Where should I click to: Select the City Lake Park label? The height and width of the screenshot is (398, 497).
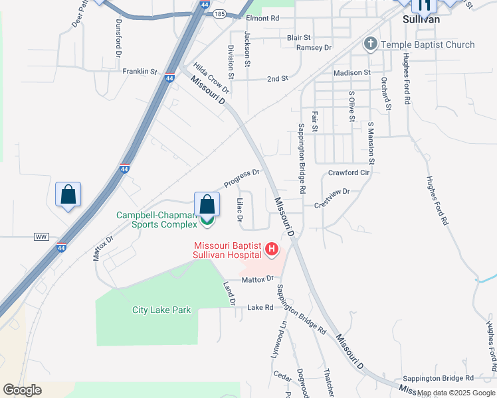pyautogui.click(x=161, y=310)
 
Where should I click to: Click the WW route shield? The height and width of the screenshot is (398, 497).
pyautogui.click(x=41, y=236)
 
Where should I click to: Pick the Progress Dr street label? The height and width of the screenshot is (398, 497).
pyautogui.click(x=241, y=178)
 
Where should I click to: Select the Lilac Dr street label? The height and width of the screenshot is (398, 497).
pyautogui.click(x=241, y=210)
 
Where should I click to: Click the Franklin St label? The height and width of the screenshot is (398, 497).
pyautogui.click(x=139, y=71)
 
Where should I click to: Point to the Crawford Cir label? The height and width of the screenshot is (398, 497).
pyautogui.click(x=348, y=172)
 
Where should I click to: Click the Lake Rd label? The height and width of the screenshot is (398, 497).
pyautogui.click(x=260, y=308)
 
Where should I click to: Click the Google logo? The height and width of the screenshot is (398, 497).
pyautogui.click(x=22, y=389)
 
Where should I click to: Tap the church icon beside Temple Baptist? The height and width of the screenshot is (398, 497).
pyautogui.click(x=370, y=44)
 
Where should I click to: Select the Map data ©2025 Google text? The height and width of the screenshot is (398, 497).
pyautogui.click(x=454, y=393)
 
